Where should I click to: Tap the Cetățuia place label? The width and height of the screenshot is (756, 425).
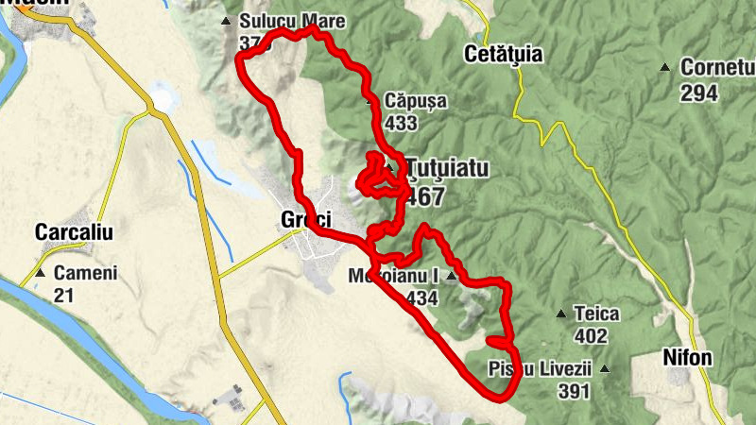tap(504, 54)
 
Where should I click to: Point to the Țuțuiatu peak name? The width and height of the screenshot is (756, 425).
tap(448, 169)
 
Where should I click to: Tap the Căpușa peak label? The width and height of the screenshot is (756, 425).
tap(416, 101)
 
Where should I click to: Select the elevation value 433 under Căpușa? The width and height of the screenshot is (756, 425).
tap(402, 123)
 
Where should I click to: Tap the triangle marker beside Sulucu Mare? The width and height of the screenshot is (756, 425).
tap(225, 21)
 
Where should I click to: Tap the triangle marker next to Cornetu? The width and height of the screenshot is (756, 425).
tap(665, 68)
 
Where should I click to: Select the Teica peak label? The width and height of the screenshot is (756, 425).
tap(595, 314)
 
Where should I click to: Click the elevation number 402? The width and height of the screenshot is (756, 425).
tap(590, 336)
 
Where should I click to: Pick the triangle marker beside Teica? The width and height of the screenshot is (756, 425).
tap(560, 314)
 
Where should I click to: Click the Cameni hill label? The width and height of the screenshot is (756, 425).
tap(85, 273)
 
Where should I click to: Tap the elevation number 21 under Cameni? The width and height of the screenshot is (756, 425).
tap(64, 296)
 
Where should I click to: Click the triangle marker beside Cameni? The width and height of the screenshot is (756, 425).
tap(41, 273)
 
